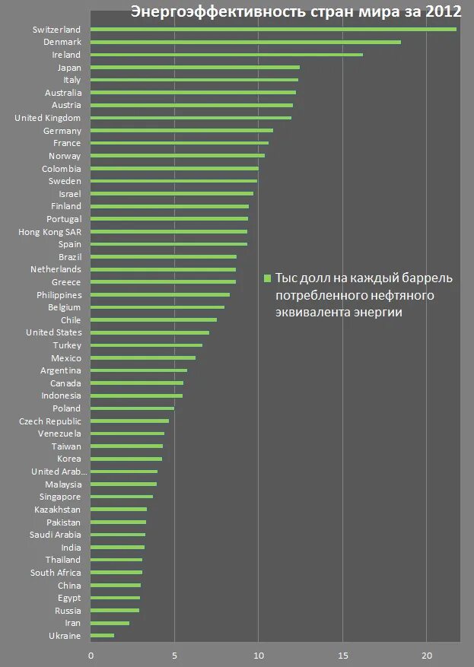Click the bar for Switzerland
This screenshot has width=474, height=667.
(x=274, y=30)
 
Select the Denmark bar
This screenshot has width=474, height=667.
(x=246, y=43)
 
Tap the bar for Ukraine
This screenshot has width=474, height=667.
(x=103, y=636)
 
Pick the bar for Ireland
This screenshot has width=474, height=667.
(x=227, y=55)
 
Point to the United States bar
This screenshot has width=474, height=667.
(x=150, y=332)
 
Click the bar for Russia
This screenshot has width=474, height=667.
(x=115, y=611)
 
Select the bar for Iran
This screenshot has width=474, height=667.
(x=110, y=624)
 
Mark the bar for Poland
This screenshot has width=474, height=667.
(x=132, y=408)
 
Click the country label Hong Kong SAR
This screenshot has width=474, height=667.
(x=49, y=232)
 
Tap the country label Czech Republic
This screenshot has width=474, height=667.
(x=50, y=421)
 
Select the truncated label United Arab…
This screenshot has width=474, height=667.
(x=59, y=472)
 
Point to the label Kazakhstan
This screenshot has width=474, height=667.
(x=58, y=510)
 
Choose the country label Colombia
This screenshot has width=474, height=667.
(x=61, y=169)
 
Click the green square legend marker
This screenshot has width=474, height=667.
(x=268, y=278)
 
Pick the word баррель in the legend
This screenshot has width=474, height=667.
(x=429, y=278)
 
